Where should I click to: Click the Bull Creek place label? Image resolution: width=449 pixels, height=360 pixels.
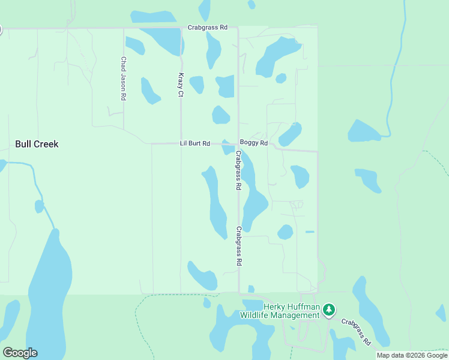[37, 144]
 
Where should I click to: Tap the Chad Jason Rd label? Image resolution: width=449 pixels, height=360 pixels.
[123, 79]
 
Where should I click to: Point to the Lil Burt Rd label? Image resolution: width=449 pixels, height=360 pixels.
[195, 143]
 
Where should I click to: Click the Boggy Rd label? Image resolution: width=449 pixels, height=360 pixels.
[253, 143]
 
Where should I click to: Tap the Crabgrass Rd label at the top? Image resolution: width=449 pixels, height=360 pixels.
[208, 28]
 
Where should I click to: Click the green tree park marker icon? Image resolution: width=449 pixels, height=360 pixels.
[328, 310]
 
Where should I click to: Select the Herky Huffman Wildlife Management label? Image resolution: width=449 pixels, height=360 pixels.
[280, 311]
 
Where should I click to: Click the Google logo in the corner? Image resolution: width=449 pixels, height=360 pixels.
[20, 353]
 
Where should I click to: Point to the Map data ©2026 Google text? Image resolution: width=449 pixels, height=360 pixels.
[412, 355]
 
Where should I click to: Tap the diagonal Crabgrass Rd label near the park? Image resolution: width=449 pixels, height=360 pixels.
[357, 331]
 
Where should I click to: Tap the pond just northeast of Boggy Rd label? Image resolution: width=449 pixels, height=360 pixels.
[291, 134]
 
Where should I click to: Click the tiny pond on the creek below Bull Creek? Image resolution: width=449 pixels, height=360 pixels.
[39, 206]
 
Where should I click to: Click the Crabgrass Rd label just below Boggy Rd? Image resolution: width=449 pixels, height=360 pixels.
[238, 170]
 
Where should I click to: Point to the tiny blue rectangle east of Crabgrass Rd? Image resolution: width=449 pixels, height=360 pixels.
[310, 232]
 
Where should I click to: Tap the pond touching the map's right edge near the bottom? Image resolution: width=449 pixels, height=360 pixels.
[442, 313]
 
